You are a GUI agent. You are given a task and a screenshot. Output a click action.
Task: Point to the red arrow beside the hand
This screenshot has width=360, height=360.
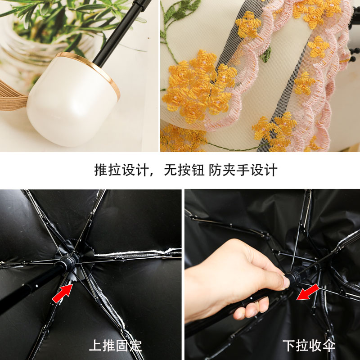click(x=308, y=292)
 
